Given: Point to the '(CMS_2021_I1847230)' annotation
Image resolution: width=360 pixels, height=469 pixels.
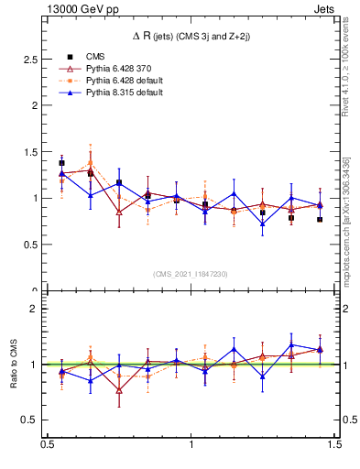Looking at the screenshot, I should pyautogui.click(x=191, y=274).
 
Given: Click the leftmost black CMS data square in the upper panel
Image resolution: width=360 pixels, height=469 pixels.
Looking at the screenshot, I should pyautogui.click(x=61, y=163).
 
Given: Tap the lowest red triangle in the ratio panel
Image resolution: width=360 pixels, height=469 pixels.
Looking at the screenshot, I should pyautogui.click(x=119, y=390).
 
